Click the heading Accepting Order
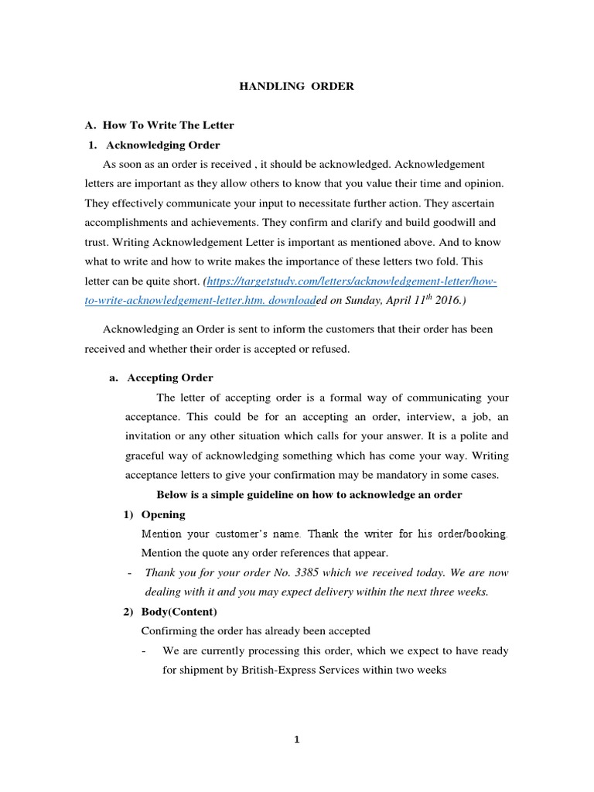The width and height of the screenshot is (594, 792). click(x=169, y=377)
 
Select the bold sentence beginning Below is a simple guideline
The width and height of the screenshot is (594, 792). click(x=309, y=495)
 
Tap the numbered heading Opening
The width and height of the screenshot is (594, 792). click(x=163, y=514)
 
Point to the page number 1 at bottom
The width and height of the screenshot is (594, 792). click(x=296, y=739)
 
